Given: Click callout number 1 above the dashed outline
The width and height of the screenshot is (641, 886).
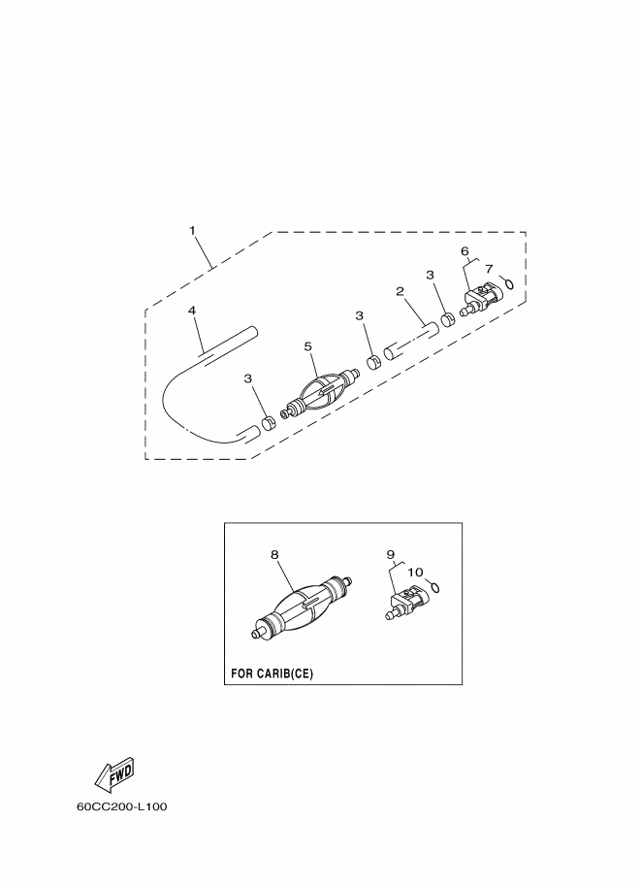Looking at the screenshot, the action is [192, 231].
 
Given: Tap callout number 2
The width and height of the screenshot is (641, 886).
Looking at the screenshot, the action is [400, 291].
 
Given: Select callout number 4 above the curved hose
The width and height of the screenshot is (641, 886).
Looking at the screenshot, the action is [192, 311].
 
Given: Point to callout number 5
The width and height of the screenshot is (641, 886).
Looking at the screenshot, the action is [307, 345].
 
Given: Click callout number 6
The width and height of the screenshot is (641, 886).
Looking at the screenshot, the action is [465, 250].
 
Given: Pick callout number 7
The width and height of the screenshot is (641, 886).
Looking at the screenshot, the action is [489, 269].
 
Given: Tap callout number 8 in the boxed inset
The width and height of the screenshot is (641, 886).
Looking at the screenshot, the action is [274, 555].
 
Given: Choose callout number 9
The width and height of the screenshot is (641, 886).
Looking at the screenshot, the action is [390, 555].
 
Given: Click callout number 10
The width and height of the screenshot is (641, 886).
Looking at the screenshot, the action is [415, 573].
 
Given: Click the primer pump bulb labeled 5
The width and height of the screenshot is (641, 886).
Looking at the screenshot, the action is [322, 390].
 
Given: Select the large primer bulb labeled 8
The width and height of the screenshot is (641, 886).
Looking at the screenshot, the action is [302, 607].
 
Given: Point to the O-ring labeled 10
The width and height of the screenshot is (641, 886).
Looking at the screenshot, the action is [434, 587].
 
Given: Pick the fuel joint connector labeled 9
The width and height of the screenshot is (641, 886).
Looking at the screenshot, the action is [407, 603].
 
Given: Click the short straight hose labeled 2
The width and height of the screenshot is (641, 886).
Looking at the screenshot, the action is [410, 341].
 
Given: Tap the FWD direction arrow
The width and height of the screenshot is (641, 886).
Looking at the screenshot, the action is [114, 773].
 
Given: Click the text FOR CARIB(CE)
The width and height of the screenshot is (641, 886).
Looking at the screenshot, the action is [272, 673].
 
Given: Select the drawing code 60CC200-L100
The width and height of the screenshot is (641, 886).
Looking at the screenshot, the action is [122, 806].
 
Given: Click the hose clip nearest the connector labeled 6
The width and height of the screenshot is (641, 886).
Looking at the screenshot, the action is [447, 320].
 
